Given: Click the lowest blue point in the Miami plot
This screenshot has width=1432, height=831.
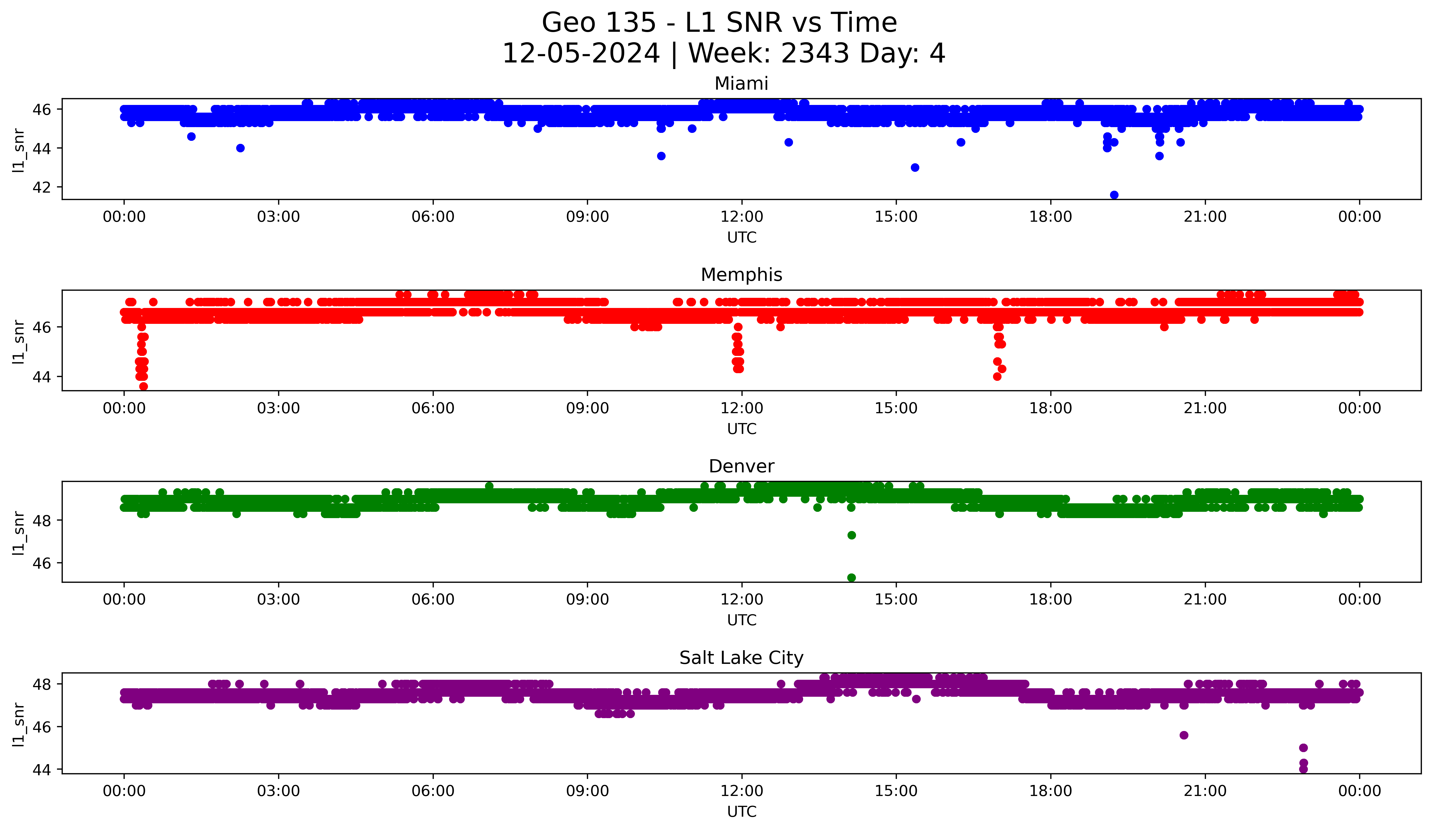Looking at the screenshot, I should click(1114, 195).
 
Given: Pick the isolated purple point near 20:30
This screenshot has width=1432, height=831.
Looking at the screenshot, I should click(1184, 735).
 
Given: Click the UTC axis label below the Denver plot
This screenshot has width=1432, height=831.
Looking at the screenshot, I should click(741, 620).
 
